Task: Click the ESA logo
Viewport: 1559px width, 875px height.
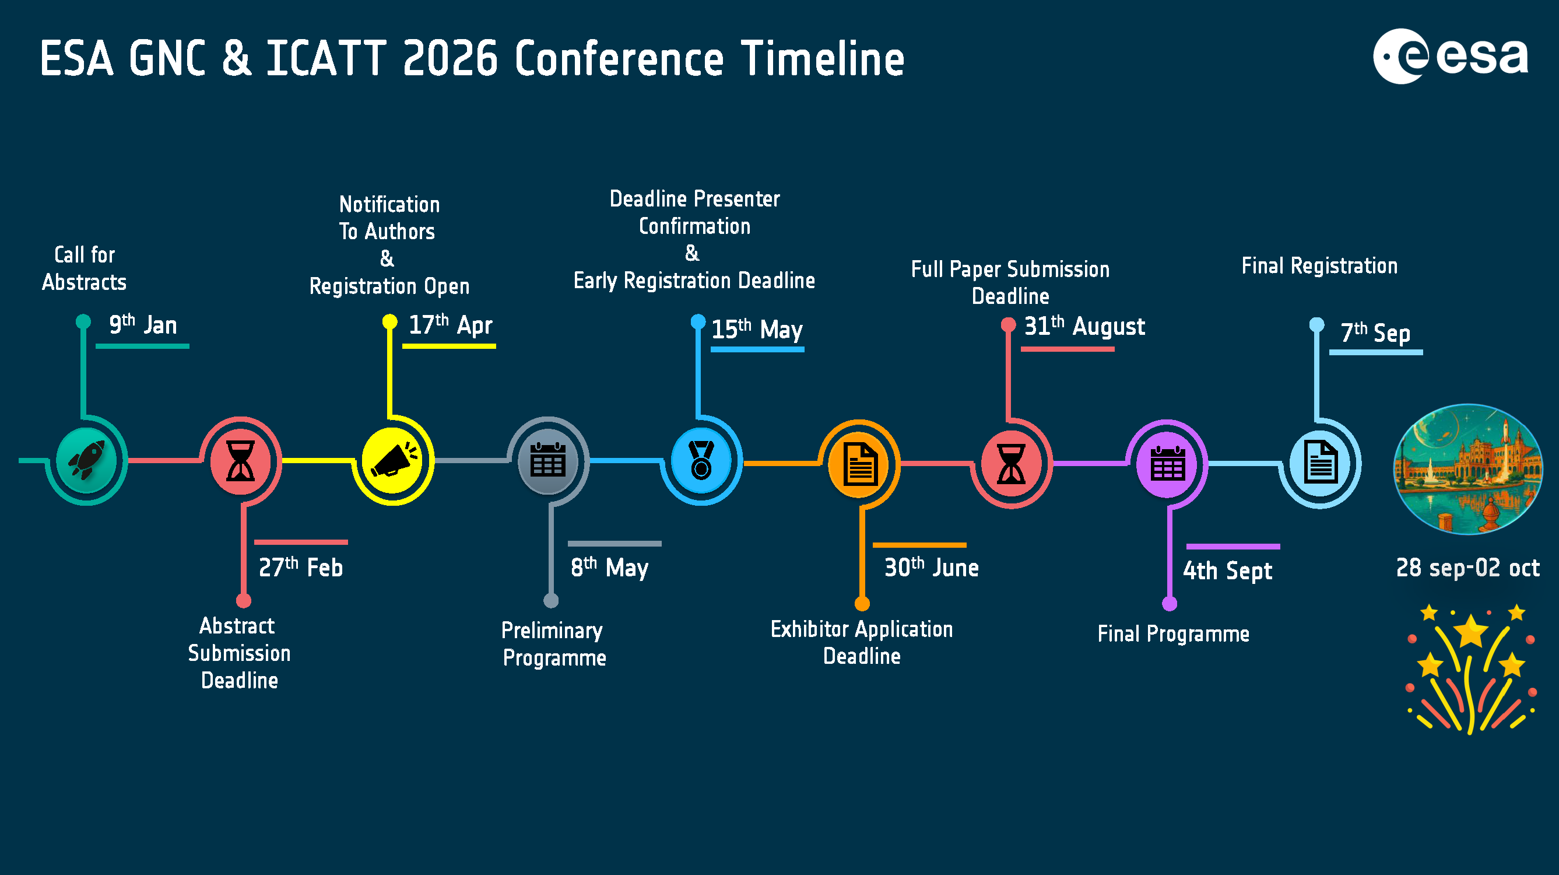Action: [x=1450, y=57]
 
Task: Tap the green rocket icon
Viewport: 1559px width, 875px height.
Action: [x=86, y=460]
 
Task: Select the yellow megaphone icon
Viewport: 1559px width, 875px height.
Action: [x=394, y=460]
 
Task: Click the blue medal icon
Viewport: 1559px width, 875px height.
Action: [x=701, y=460]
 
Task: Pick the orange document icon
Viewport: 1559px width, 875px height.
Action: [x=859, y=464]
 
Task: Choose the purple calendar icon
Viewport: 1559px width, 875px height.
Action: [x=1167, y=464]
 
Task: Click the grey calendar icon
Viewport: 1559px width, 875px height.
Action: [x=548, y=460]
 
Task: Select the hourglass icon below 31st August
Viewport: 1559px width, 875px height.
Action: [x=1012, y=464]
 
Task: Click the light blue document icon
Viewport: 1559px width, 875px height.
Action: [x=1320, y=464]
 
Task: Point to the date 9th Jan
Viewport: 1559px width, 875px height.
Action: [x=143, y=324]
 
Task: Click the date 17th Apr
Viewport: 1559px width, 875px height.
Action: [x=451, y=324]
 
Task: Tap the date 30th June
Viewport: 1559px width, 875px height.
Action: [x=932, y=568]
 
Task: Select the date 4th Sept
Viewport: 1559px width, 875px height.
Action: [x=1227, y=570]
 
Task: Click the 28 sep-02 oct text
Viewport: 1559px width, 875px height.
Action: [x=1467, y=568]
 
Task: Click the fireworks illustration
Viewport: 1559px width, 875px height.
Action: [x=1470, y=668]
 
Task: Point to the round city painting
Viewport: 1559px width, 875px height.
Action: [x=1468, y=469]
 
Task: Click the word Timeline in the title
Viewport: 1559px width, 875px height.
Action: [x=823, y=58]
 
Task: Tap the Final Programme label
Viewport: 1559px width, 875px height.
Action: [x=1174, y=634]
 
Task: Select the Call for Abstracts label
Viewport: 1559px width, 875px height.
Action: [x=84, y=268]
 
